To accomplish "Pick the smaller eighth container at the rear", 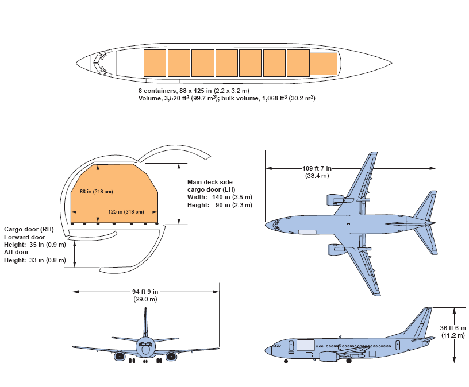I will [324, 63].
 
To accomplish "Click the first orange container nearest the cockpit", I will [155, 63].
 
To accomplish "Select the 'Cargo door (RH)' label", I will [29, 229].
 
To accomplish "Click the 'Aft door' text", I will [17, 252].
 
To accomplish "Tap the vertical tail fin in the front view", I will [146, 324].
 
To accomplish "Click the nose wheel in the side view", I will [286, 361].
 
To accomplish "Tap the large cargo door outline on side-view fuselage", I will [305, 346].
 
